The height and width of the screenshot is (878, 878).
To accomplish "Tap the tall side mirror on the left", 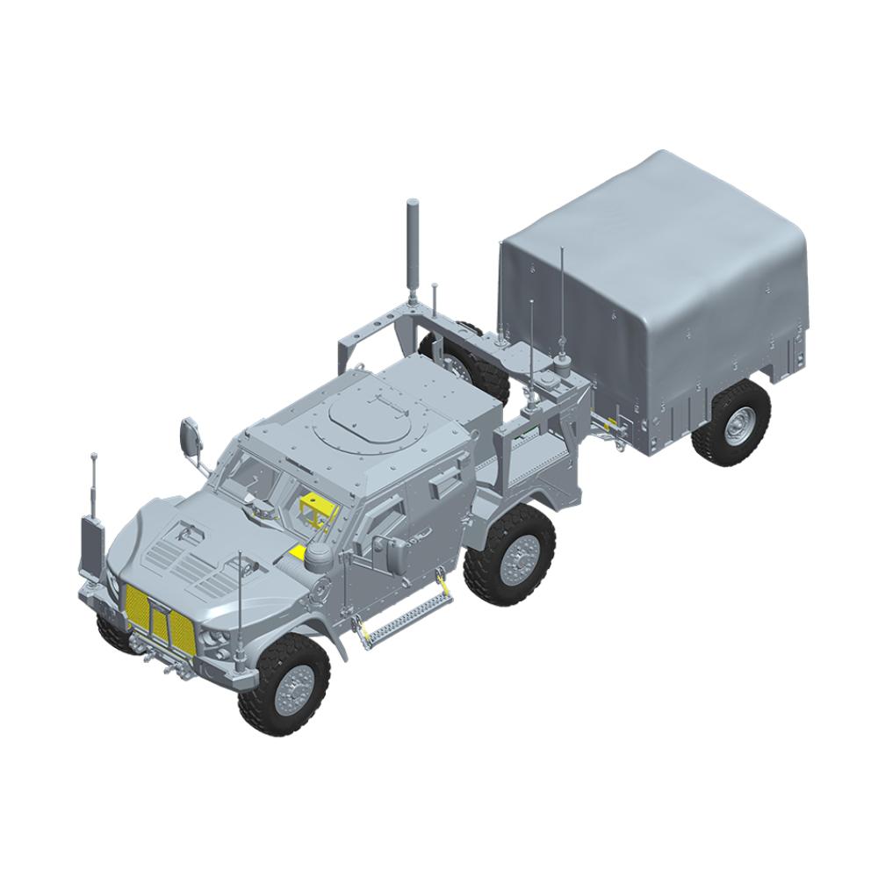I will (191, 435).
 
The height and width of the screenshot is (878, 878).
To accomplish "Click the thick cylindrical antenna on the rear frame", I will (412, 248).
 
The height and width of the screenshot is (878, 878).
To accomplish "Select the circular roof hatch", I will (367, 412).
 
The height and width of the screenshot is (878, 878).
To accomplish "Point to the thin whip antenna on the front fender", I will (241, 606).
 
